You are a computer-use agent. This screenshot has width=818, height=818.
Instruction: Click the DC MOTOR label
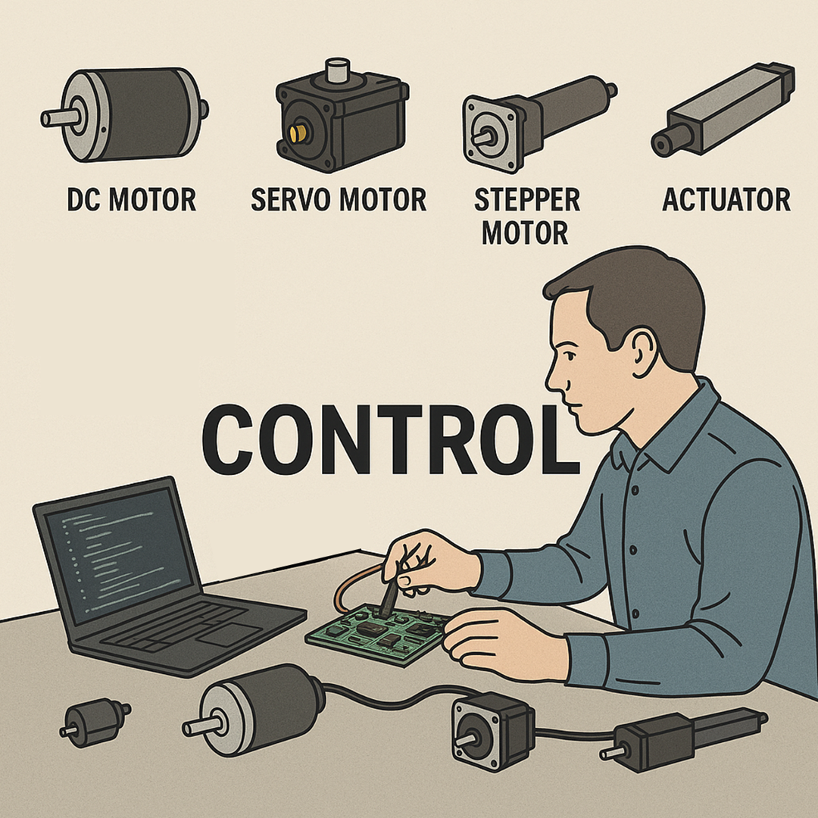[x=132, y=200]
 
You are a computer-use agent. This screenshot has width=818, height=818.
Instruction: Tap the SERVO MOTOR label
[x=339, y=200]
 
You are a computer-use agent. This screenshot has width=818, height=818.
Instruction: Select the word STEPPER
[x=527, y=200]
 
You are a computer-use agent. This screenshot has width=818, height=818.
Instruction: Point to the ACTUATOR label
[x=726, y=200]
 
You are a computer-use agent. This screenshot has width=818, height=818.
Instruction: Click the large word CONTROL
[x=391, y=441]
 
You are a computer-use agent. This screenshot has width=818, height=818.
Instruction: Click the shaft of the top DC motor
[x=60, y=118]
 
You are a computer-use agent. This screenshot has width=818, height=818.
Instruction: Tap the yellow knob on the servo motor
[x=298, y=133]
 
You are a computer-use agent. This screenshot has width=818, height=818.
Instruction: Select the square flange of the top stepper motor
[x=493, y=134]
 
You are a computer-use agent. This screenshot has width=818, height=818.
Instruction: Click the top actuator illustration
[x=723, y=110]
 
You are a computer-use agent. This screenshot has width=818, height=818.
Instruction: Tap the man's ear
[x=645, y=352]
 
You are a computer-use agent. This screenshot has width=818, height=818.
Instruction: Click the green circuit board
[x=378, y=634]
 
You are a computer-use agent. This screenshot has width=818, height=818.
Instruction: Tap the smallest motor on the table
[x=95, y=722]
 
